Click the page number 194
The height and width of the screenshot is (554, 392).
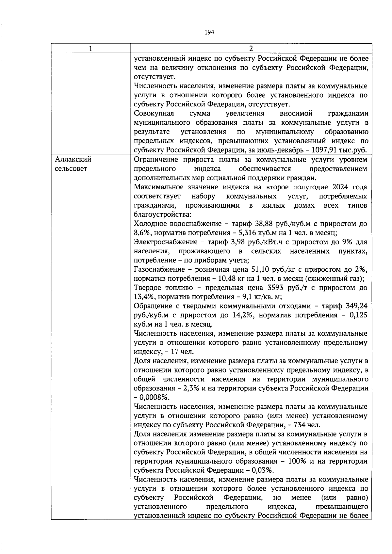(x=209, y=32)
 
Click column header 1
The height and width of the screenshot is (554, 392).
(x=90, y=49)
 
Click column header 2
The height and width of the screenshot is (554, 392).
(x=251, y=49)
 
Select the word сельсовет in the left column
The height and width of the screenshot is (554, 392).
(x=71, y=169)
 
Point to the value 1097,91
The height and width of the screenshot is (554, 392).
(x=326, y=150)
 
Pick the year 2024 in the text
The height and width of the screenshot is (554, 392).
(x=335, y=187)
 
